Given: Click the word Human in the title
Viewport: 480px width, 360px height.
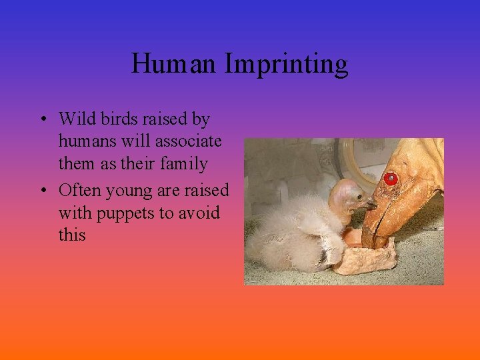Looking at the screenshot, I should point(175,65).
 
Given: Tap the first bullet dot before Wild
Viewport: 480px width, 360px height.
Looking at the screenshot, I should point(41,120).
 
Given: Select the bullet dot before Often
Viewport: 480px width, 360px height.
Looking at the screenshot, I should point(41,191).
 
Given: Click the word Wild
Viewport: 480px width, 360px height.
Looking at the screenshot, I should point(77,119).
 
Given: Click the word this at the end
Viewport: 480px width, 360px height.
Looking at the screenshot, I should point(71,235).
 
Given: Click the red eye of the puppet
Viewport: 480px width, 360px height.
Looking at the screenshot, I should point(391,179).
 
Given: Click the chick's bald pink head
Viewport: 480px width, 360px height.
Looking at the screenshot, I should point(347,193).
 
